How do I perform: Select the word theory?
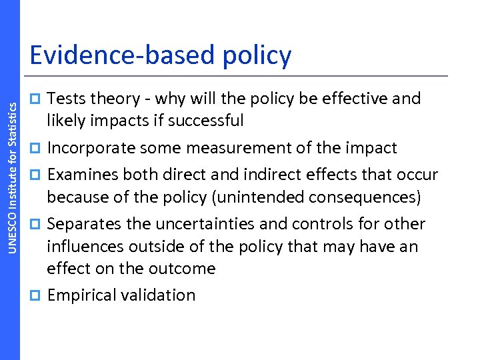[x=114, y=99]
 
